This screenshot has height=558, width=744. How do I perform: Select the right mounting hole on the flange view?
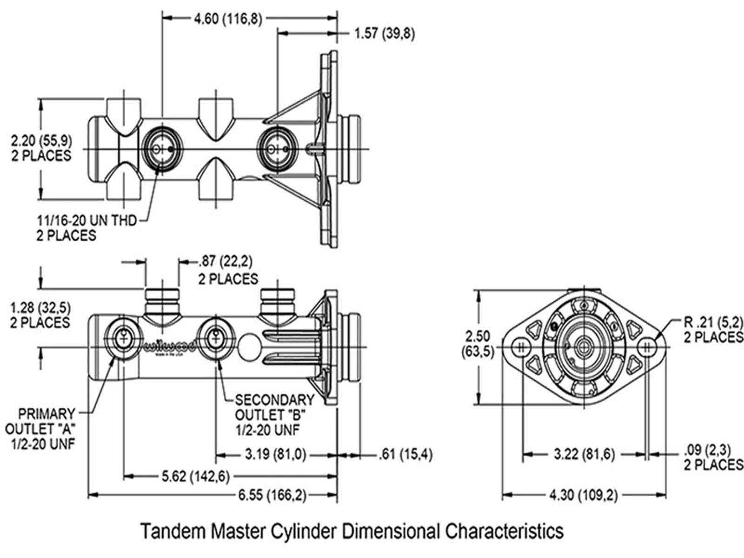(647, 347)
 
